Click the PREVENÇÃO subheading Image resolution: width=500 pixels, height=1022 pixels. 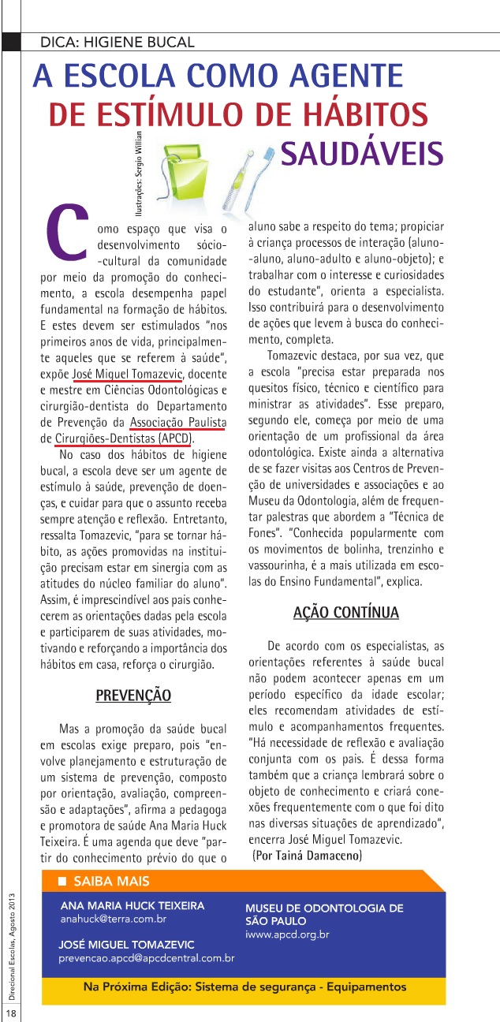(x=133, y=696)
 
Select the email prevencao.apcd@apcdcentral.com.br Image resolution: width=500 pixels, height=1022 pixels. (x=147, y=957)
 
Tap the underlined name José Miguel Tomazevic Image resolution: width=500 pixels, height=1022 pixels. (x=126, y=373)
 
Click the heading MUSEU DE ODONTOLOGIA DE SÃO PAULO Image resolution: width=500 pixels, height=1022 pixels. (x=324, y=914)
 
